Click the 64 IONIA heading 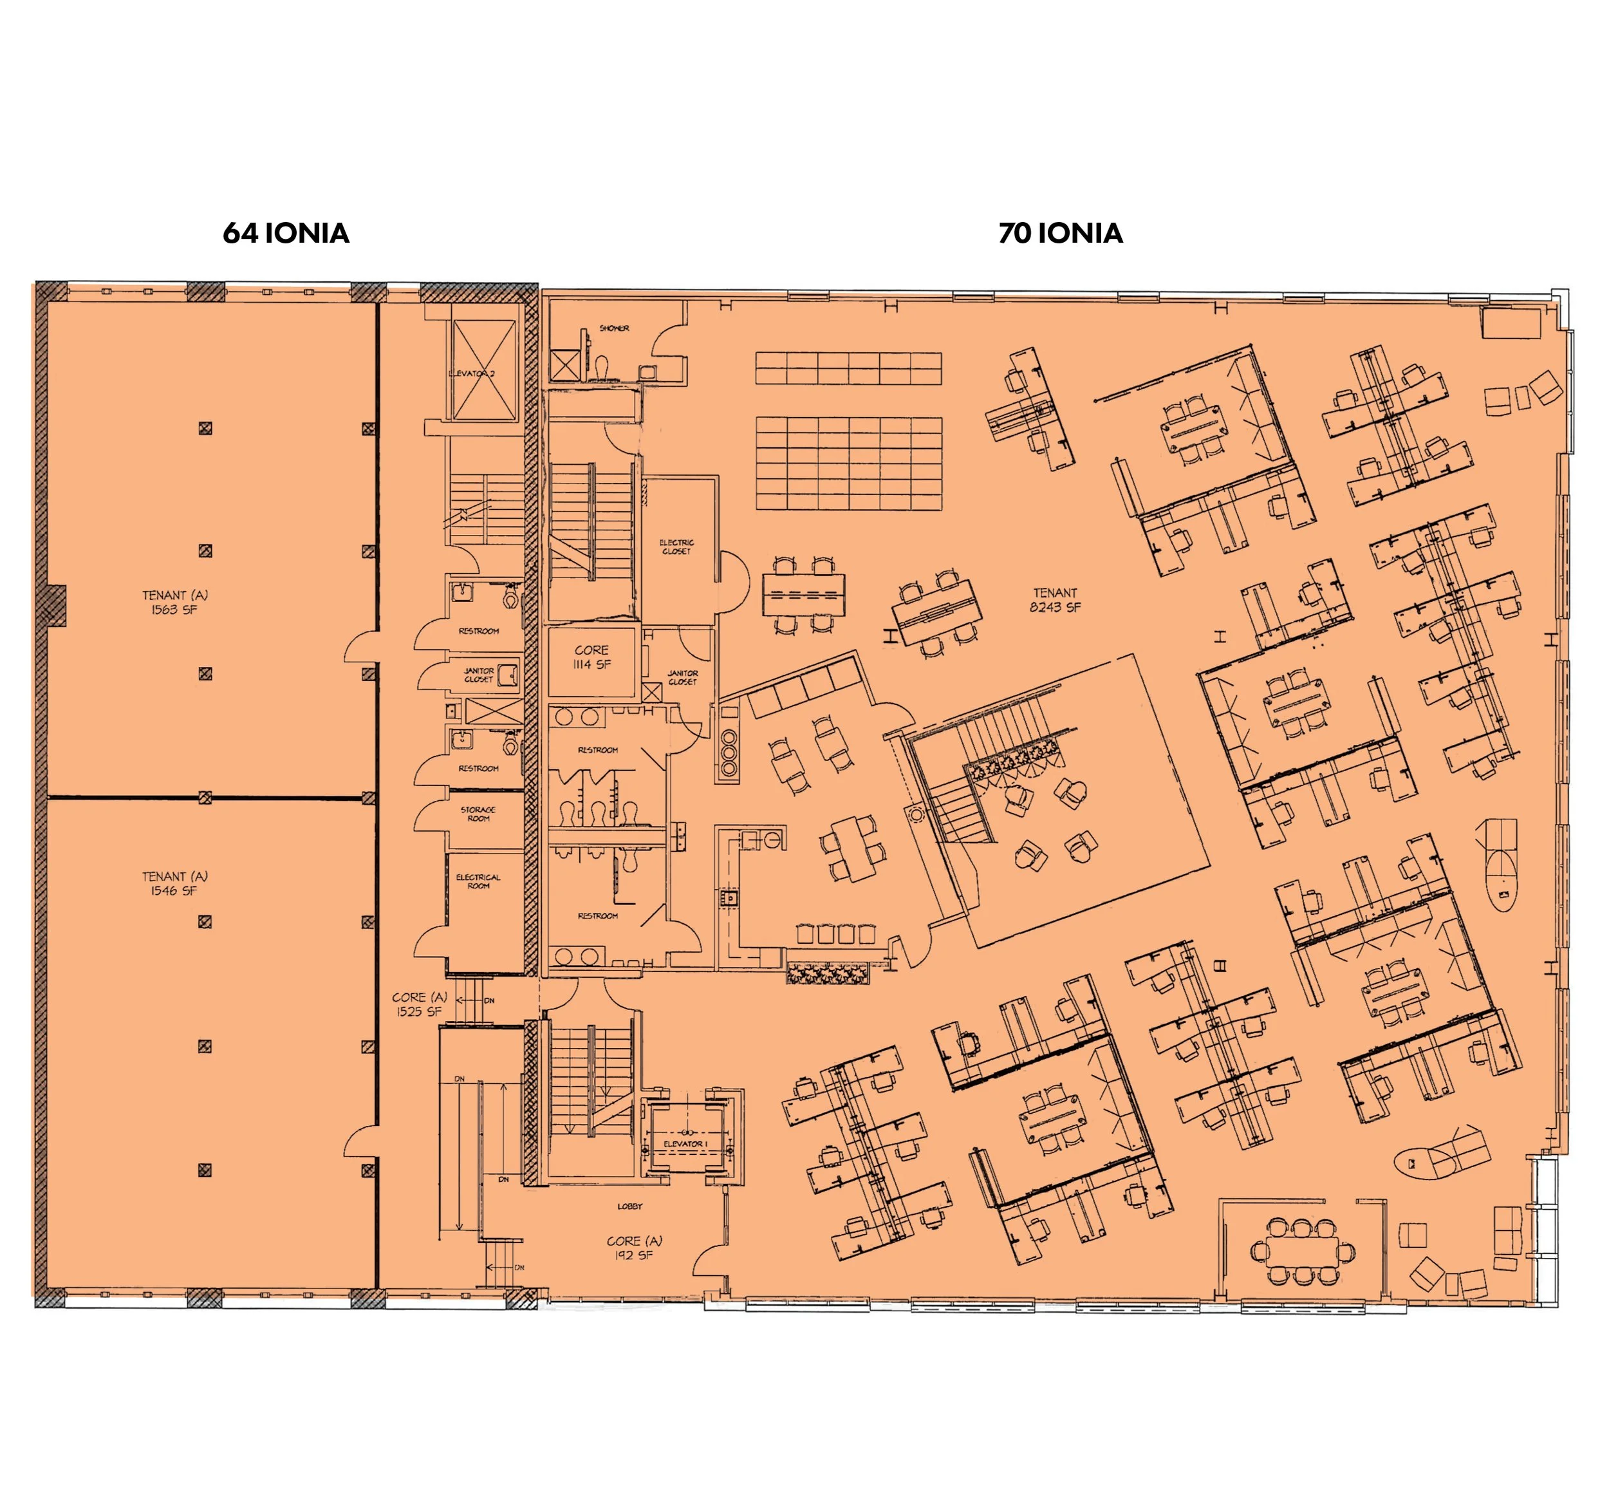coord(286,233)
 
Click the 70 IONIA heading coord(1060,233)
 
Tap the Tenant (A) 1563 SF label coord(175,603)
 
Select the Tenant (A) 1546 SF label coord(175,883)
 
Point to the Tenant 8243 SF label coord(1055,600)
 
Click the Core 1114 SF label coord(591,657)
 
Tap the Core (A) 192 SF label coord(634,1248)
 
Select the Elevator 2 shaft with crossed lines coord(483,371)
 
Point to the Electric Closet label coord(676,547)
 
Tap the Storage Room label coord(478,814)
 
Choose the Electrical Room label coord(478,881)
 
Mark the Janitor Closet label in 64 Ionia coord(478,675)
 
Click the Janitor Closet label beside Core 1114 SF coord(682,677)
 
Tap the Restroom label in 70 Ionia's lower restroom coord(597,915)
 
